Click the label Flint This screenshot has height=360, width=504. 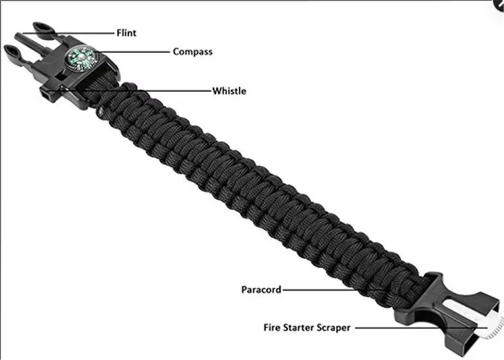click(126, 33)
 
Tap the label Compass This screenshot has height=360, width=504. click(193, 51)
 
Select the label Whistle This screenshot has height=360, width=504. click(229, 90)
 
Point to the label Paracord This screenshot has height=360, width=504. click(261, 289)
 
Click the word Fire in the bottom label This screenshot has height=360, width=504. click(273, 328)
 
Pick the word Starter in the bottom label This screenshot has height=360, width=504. click(299, 328)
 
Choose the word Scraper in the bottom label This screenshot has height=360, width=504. click(334, 328)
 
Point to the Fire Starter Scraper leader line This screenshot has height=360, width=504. click(408, 328)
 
